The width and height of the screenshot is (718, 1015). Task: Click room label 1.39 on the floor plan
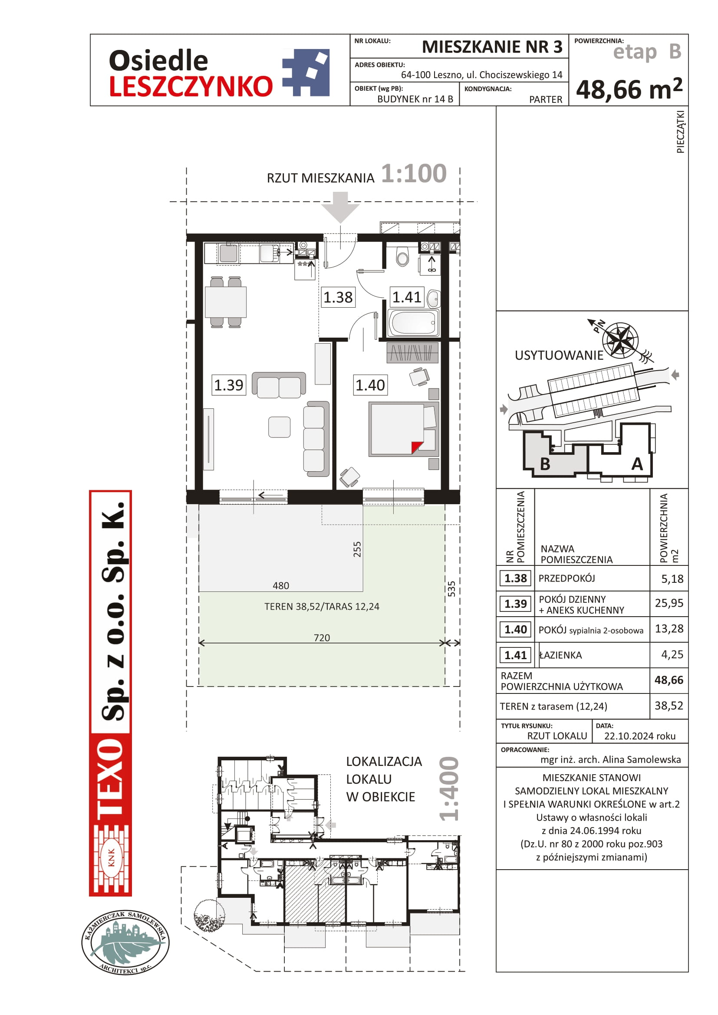(x=229, y=384)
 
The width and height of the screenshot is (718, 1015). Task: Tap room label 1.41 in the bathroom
(x=407, y=297)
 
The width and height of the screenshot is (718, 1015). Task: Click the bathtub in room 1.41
(x=413, y=323)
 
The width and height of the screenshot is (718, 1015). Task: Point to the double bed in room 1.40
(x=404, y=429)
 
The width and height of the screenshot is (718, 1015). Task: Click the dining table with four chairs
(x=225, y=302)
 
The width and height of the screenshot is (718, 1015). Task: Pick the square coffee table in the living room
(x=280, y=427)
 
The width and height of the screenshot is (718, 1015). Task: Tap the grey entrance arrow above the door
(x=340, y=207)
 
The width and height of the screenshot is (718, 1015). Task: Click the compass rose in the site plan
(x=621, y=340)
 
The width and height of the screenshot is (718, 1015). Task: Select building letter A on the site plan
(x=637, y=464)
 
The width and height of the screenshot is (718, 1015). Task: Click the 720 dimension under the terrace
(x=322, y=637)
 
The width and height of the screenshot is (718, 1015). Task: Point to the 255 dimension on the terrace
(x=357, y=549)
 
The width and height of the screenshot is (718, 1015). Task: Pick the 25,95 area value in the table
(x=669, y=603)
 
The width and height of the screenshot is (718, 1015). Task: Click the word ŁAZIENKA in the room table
(x=560, y=655)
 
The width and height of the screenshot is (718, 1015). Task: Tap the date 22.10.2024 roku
(x=640, y=736)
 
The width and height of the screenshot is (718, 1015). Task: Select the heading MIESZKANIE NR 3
(x=492, y=47)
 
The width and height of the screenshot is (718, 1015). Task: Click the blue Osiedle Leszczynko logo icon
(x=306, y=72)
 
